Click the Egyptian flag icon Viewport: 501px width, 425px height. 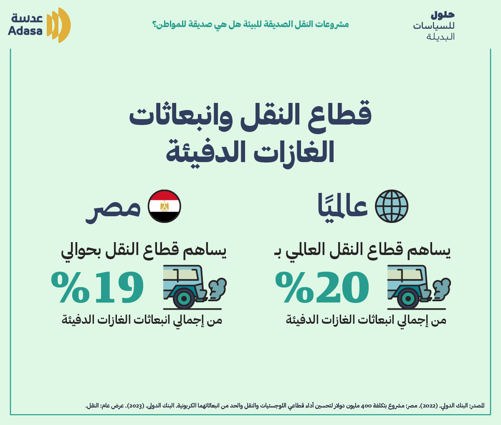(164, 206)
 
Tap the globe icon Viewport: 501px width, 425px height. (392, 206)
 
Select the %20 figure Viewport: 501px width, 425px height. (322, 287)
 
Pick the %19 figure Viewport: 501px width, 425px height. (97, 287)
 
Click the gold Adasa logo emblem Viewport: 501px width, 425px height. (58, 25)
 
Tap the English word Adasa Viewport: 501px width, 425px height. (25, 31)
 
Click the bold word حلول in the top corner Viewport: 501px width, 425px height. (443, 15)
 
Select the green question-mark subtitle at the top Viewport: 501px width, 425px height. (250, 25)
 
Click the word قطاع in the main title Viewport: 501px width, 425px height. (340, 113)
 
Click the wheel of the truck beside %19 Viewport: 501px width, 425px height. (184, 299)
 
